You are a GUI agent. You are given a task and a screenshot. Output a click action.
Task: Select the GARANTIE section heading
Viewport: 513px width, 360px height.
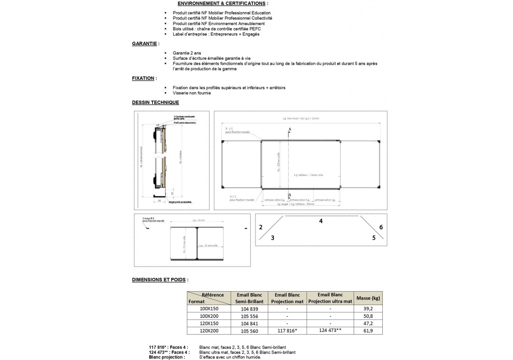point(144,44)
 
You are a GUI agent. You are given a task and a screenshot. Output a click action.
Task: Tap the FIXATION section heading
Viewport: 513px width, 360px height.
point(143,78)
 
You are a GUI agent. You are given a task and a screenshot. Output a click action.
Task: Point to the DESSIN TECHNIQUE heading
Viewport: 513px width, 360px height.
point(155,103)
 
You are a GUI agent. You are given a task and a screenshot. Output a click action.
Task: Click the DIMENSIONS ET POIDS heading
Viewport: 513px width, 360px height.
point(159,280)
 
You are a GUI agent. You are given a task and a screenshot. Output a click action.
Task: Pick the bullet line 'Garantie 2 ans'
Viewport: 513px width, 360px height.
point(187,53)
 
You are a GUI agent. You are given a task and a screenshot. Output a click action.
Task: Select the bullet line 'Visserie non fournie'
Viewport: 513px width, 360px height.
point(192,93)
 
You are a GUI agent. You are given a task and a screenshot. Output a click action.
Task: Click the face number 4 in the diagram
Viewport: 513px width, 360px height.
point(321,221)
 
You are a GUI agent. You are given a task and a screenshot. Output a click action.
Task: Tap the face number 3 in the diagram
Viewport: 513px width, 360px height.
point(273,238)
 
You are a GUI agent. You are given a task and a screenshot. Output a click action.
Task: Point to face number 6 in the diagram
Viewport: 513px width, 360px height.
point(381,227)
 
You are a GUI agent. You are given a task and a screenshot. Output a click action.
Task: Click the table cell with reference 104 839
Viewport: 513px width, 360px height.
point(249,309)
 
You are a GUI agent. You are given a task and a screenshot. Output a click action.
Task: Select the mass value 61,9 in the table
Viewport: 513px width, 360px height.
point(368,331)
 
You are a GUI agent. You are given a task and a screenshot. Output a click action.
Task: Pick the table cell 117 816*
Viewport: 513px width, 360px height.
point(287,331)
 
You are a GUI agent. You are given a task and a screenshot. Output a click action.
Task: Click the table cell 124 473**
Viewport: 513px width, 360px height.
point(330,331)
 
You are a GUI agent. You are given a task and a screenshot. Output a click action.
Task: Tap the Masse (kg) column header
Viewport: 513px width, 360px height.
point(368,298)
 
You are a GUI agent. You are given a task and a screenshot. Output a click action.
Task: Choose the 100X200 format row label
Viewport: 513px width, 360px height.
point(209,316)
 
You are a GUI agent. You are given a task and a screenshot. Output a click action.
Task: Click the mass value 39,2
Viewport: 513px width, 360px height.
point(368,308)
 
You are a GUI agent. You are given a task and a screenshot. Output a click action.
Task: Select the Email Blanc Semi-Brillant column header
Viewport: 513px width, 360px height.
point(249,298)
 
